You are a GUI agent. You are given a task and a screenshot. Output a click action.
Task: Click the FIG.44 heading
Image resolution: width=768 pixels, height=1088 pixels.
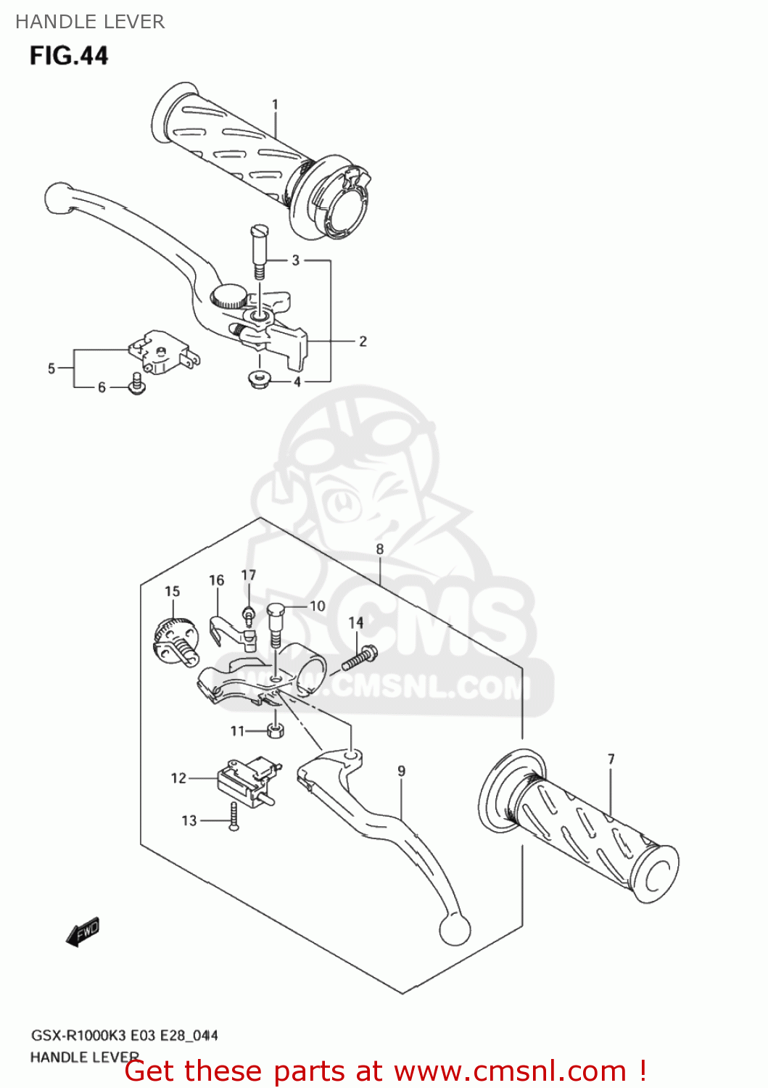pyautogui.click(x=69, y=56)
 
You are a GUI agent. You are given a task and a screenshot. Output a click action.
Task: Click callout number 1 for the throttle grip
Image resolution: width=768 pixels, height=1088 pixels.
pyautogui.click(x=275, y=105)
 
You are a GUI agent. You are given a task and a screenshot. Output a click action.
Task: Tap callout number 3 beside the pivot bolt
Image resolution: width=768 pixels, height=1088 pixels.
pyautogui.click(x=296, y=260)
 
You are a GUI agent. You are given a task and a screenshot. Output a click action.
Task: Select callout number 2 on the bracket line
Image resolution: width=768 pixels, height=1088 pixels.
pyautogui.click(x=363, y=341)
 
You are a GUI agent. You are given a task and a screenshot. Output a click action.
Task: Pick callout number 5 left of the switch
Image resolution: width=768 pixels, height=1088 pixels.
pyautogui.click(x=51, y=368)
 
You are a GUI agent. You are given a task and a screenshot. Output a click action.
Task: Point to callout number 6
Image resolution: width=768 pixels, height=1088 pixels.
pyautogui.click(x=102, y=387)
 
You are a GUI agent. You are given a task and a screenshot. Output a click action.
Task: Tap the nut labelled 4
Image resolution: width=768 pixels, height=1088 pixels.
pyautogui.click(x=257, y=378)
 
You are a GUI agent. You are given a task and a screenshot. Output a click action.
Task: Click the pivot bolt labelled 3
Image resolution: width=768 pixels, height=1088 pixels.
pyautogui.click(x=259, y=250)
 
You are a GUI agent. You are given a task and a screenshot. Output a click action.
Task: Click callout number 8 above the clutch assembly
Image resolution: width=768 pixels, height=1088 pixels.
pyautogui.click(x=380, y=549)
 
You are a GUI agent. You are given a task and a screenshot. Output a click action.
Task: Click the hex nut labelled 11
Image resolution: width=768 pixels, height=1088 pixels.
pyautogui.click(x=275, y=730)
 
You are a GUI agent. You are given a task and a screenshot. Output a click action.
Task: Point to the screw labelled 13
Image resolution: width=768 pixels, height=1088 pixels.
pyautogui.click(x=234, y=817)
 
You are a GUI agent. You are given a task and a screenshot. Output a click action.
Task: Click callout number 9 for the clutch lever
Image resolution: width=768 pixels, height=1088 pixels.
pyautogui.click(x=402, y=771)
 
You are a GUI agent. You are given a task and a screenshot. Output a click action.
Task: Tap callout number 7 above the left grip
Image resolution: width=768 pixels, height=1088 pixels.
pyautogui.click(x=611, y=759)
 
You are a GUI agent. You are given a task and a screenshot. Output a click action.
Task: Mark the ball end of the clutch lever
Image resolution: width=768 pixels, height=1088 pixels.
pyautogui.click(x=455, y=929)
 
